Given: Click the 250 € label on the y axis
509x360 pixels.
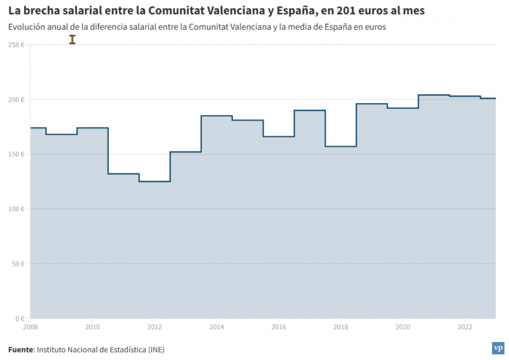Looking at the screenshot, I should tap(16, 45).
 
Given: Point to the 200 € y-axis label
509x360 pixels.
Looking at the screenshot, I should tap(16, 100).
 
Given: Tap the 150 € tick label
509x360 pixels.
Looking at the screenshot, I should tap(16, 155).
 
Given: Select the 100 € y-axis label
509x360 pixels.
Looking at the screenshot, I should tap(16, 209).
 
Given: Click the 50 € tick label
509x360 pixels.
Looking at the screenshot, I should tap(18, 264).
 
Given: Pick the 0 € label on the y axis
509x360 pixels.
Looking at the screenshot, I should tap(20, 319).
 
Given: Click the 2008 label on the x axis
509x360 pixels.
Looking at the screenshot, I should tap(30, 327).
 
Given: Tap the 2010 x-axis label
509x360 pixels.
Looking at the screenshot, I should tap(92, 327).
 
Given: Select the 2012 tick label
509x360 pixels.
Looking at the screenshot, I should tap(155, 327).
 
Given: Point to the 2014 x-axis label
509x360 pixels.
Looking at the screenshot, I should tap(216, 327).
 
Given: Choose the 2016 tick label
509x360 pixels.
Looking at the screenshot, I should tap(279, 327).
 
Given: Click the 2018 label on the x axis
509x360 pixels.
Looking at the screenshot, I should tap(340, 327).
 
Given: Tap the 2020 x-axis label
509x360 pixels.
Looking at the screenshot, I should tap(403, 327).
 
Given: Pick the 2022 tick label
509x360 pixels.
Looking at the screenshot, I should tap(464, 327).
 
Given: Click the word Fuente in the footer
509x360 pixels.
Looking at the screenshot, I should tap(20, 349).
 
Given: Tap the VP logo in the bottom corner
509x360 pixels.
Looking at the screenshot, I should tap(498, 348).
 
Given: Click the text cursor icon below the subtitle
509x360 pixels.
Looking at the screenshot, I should tap(73, 39).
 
